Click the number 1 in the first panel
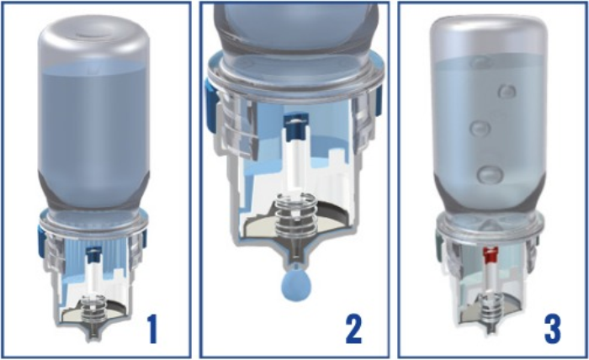pyautogui.click(x=151, y=329)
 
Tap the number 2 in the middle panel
pyautogui.click(x=354, y=329)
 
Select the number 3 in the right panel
pyautogui.click(x=552, y=329)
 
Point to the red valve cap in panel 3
pyautogui.click(x=491, y=254)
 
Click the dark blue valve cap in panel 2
pyautogui.click(x=296, y=127)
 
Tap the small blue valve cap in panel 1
pyautogui.click(x=93, y=254)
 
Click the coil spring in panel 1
pyautogui.click(x=94, y=309)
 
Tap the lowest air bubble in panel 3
pyautogui.click(x=491, y=175)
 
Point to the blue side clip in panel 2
pyautogui.click(x=210, y=106)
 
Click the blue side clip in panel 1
pyautogui.click(x=41, y=241)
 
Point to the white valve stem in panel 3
pyautogui.click(x=491, y=277)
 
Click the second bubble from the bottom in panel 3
pyautogui.click(x=480, y=129)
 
